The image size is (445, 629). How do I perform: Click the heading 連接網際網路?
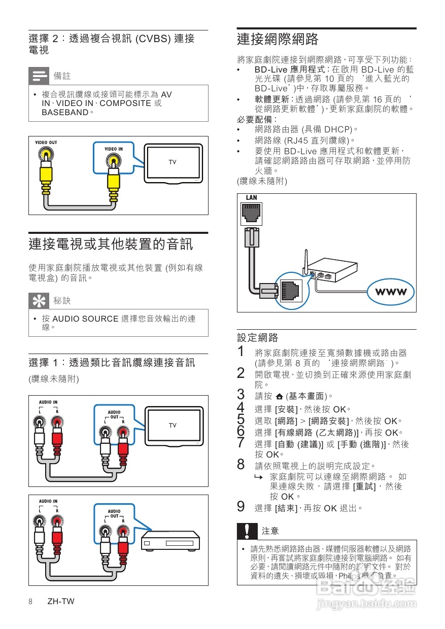278,40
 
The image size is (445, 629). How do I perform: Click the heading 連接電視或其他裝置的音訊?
111,244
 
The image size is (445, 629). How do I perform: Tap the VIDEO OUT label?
46,143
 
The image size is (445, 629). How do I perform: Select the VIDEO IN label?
113,149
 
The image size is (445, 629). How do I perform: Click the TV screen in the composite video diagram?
173,162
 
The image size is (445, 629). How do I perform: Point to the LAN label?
251,198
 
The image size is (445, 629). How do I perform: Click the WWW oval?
391,292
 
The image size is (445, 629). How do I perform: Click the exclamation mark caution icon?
247,531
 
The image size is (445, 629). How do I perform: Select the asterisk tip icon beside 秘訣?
38,301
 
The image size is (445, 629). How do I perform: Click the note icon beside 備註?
38,76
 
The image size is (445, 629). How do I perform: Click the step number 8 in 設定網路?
242,465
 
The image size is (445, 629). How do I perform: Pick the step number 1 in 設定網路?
242,352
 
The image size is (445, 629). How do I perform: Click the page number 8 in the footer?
30,602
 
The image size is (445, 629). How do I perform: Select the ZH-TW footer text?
60,602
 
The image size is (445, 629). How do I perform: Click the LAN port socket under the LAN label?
251,214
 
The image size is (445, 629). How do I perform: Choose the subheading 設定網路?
258,337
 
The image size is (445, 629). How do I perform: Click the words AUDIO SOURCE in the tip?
86,319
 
